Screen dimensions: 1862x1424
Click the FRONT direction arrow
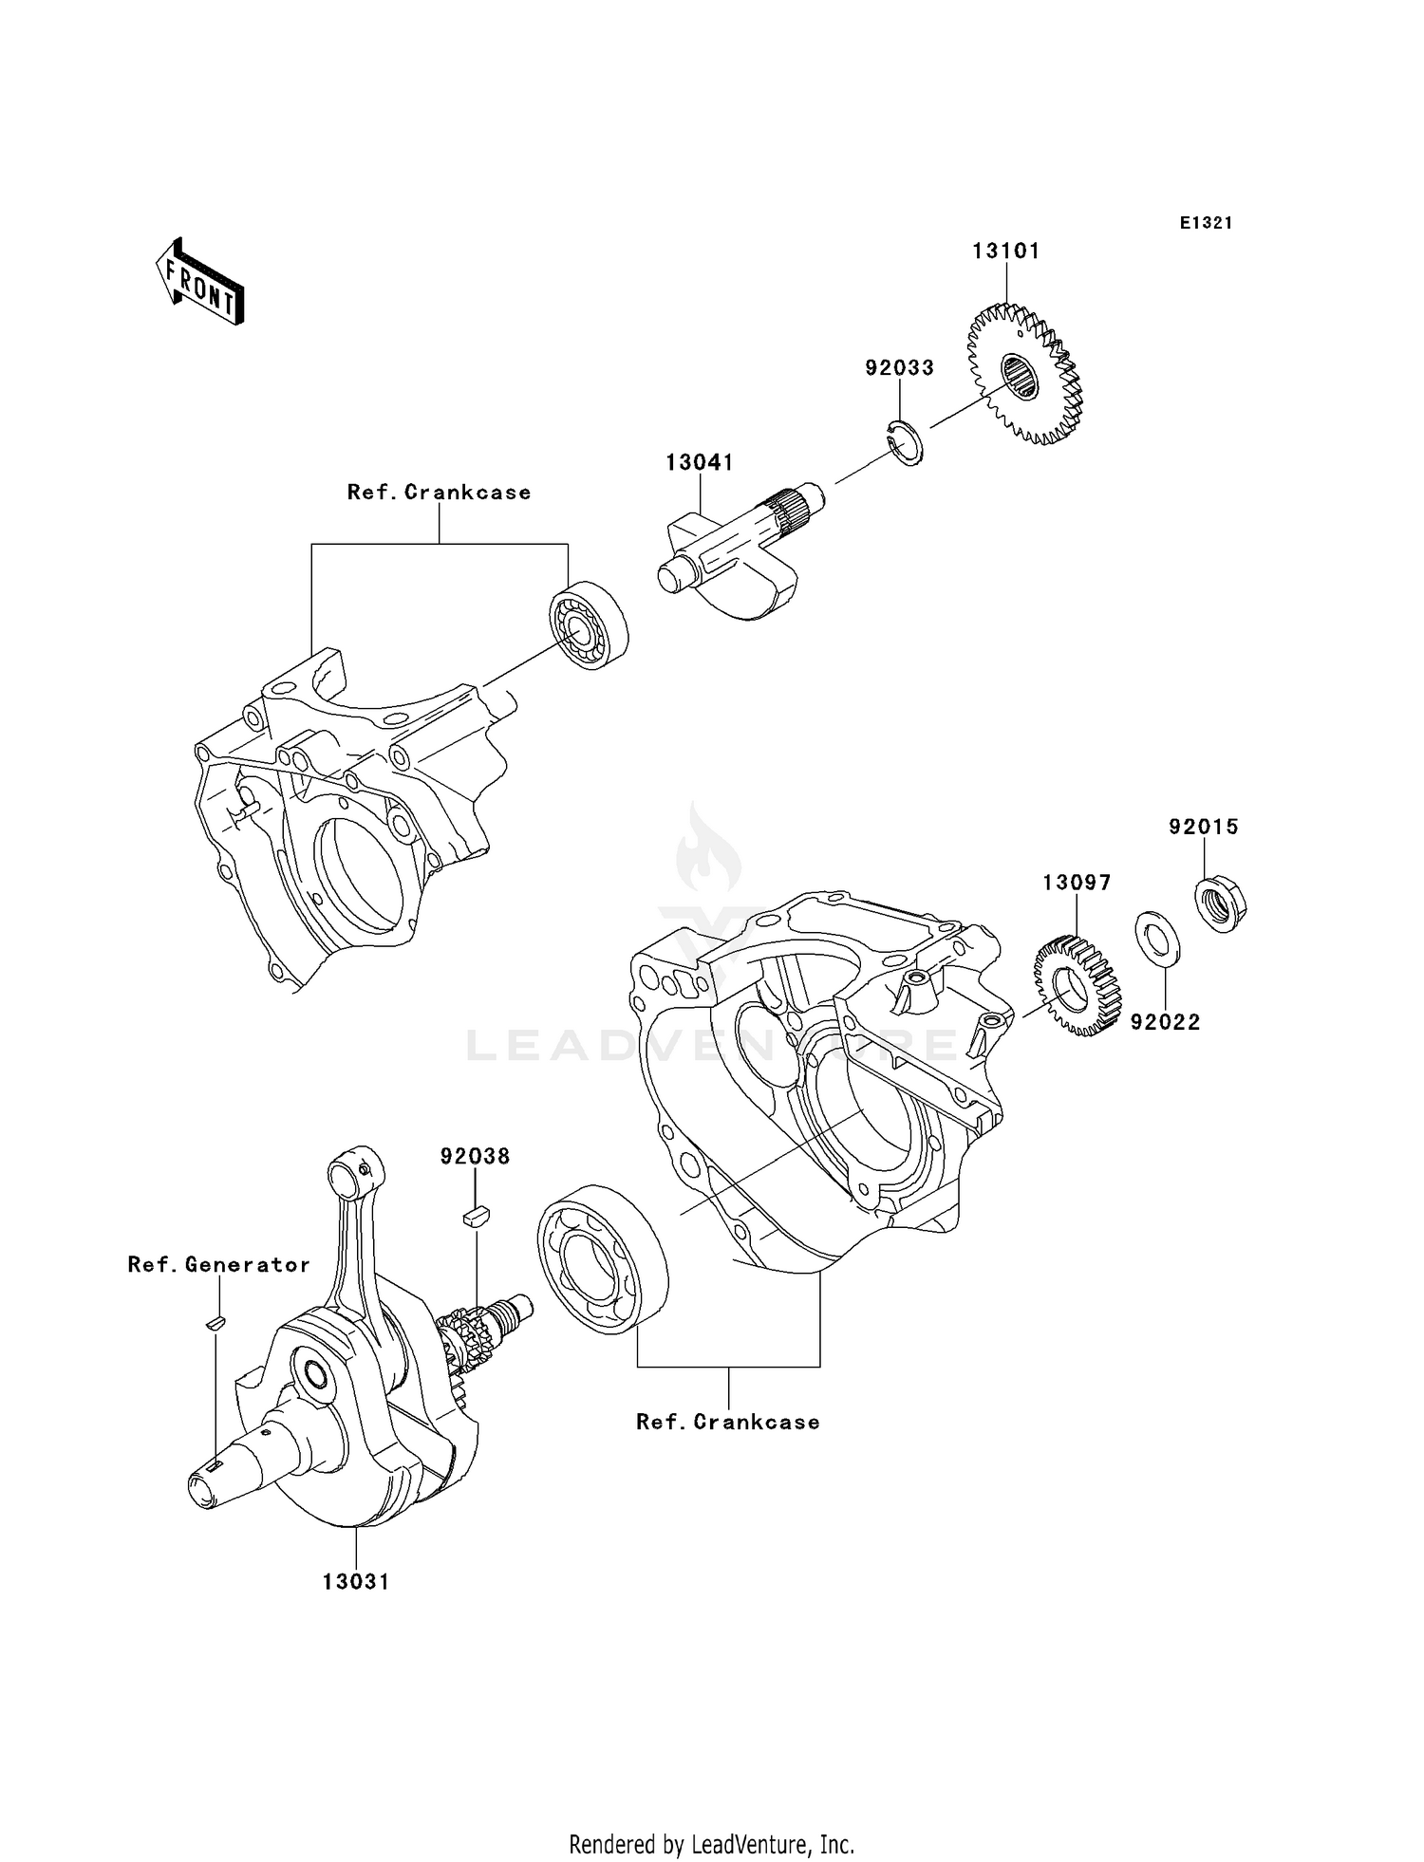coord(200,283)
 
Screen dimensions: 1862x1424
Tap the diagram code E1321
coord(1206,223)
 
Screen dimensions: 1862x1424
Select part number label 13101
coord(1005,251)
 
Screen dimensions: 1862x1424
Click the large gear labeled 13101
coord(1023,375)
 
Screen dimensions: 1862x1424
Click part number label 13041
coord(699,463)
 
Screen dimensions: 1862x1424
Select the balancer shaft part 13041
coord(731,555)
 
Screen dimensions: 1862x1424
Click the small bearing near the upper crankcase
coord(589,629)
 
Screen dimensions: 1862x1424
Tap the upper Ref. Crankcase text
coord(439,493)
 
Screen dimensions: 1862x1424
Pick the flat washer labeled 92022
coord(1158,939)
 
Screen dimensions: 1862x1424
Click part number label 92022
coord(1165,1022)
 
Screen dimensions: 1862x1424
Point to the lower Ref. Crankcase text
coord(727,1422)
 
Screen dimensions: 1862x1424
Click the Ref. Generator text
coord(219,1265)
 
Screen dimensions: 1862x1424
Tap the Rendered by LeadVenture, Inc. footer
coord(711,1844)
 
